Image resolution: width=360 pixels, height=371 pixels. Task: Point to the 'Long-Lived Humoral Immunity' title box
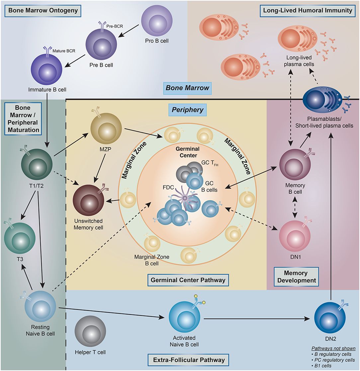pos(307,10)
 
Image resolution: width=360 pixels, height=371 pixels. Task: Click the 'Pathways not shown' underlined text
pos(333,348)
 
